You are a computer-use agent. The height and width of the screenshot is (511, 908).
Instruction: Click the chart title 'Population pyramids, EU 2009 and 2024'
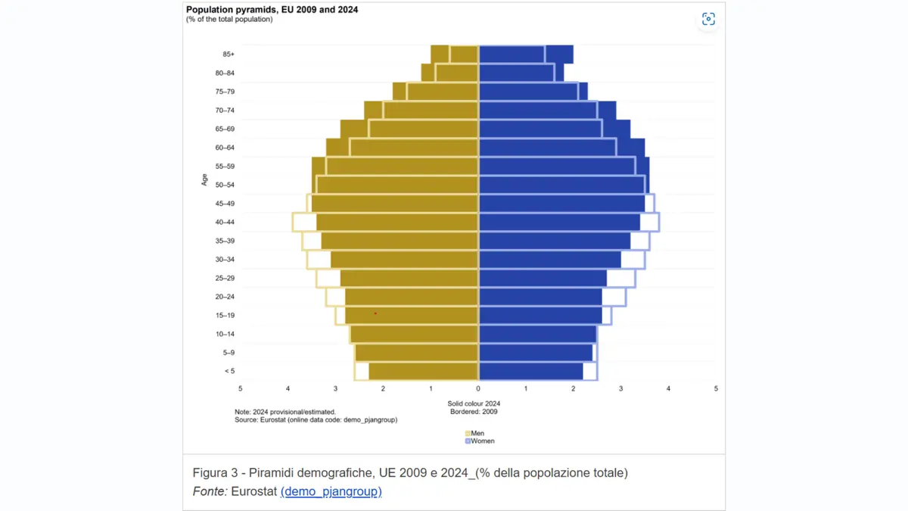[272, 10]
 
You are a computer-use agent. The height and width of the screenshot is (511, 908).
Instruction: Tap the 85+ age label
[229, 55]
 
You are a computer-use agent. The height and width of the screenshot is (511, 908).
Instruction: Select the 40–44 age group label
[225, 222]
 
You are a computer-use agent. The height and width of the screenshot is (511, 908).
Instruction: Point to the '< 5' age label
[229, 371]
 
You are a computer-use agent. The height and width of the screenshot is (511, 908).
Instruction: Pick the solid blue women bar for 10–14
[537, 334]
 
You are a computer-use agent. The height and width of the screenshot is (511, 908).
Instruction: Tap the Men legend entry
[474, 433]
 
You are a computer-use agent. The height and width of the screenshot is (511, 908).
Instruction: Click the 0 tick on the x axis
[478, 388]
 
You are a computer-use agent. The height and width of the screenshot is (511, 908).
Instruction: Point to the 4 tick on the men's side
[288, 388]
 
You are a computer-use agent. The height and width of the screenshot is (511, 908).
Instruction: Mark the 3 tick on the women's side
[620, 388]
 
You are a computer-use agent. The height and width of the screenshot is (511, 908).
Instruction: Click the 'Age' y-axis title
[204, 180]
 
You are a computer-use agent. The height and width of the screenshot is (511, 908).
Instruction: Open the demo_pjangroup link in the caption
[331, 491]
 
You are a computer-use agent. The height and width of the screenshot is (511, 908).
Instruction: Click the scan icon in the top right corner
[707, 19]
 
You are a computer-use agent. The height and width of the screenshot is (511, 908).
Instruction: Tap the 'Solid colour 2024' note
[474, 404]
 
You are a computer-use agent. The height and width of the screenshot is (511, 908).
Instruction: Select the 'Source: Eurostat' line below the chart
[316, 419]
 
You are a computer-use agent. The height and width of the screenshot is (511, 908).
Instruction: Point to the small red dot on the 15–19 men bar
[375, 313]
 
